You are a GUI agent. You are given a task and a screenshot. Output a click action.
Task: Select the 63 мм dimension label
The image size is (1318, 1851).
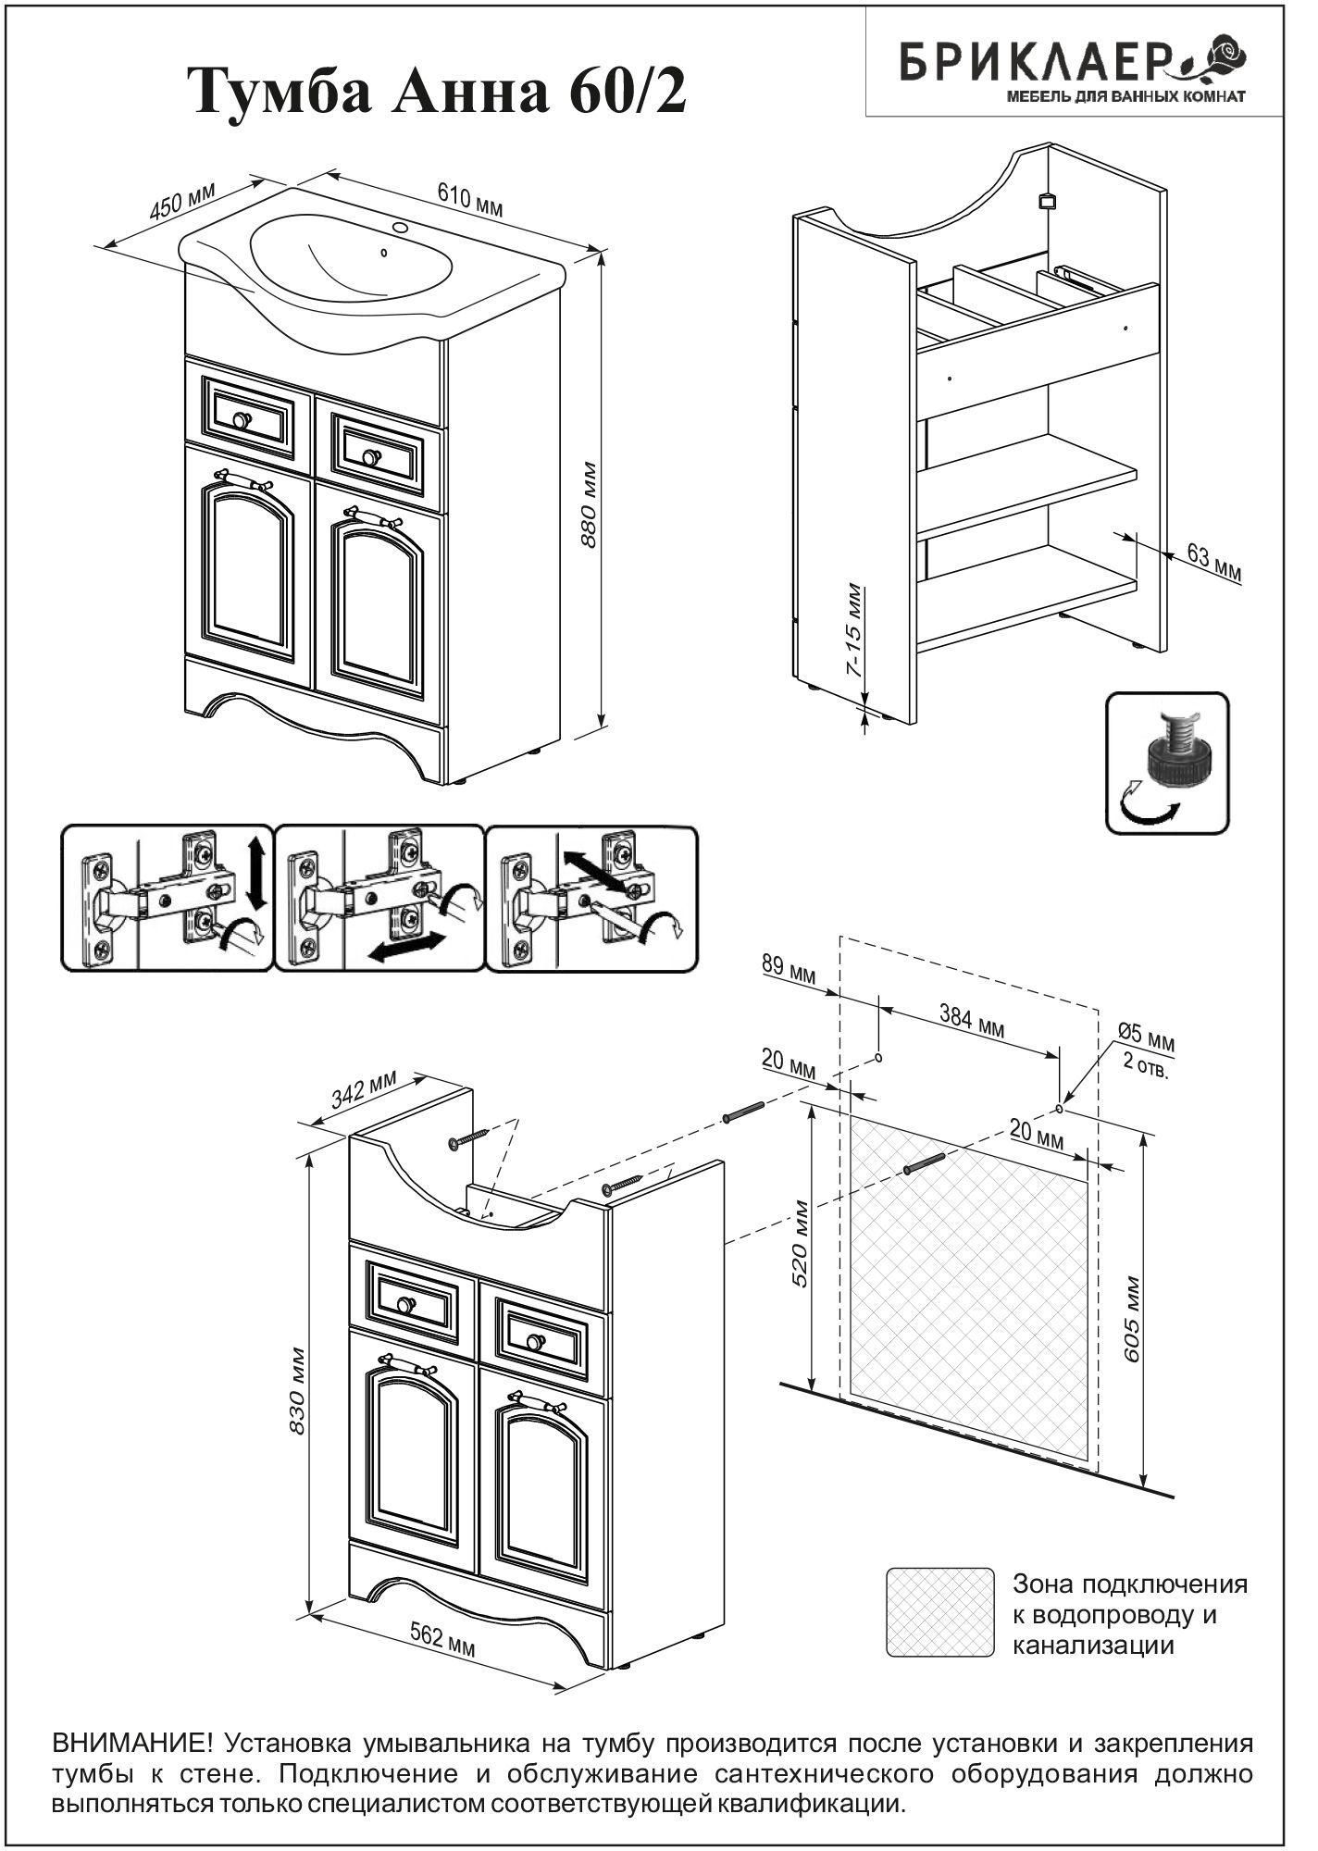(x=1214, y=563)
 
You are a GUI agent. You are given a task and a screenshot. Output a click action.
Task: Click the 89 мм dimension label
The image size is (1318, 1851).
(x=789, y=972)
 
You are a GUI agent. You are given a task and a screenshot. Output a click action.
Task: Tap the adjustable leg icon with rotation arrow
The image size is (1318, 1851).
(x=1167, y=763)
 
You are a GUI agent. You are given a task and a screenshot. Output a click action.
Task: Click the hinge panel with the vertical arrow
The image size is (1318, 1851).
(x=168, y=898)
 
